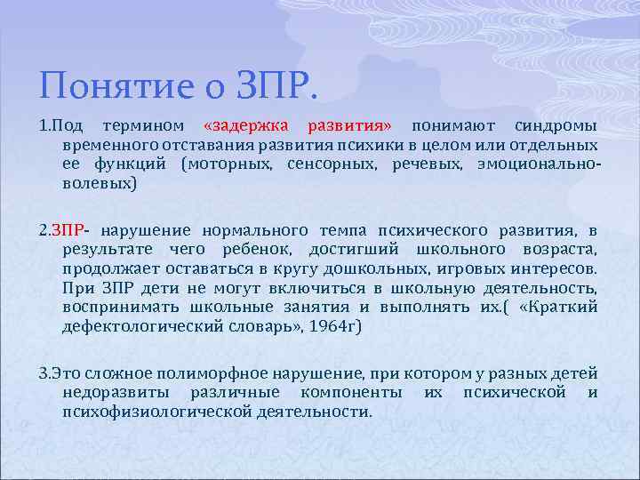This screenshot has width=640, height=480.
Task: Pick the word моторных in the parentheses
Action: click(x=233, y=164)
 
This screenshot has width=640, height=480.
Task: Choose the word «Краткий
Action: click(x=557, y=308)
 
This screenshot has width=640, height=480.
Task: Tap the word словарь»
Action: click(x=276, y=326)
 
